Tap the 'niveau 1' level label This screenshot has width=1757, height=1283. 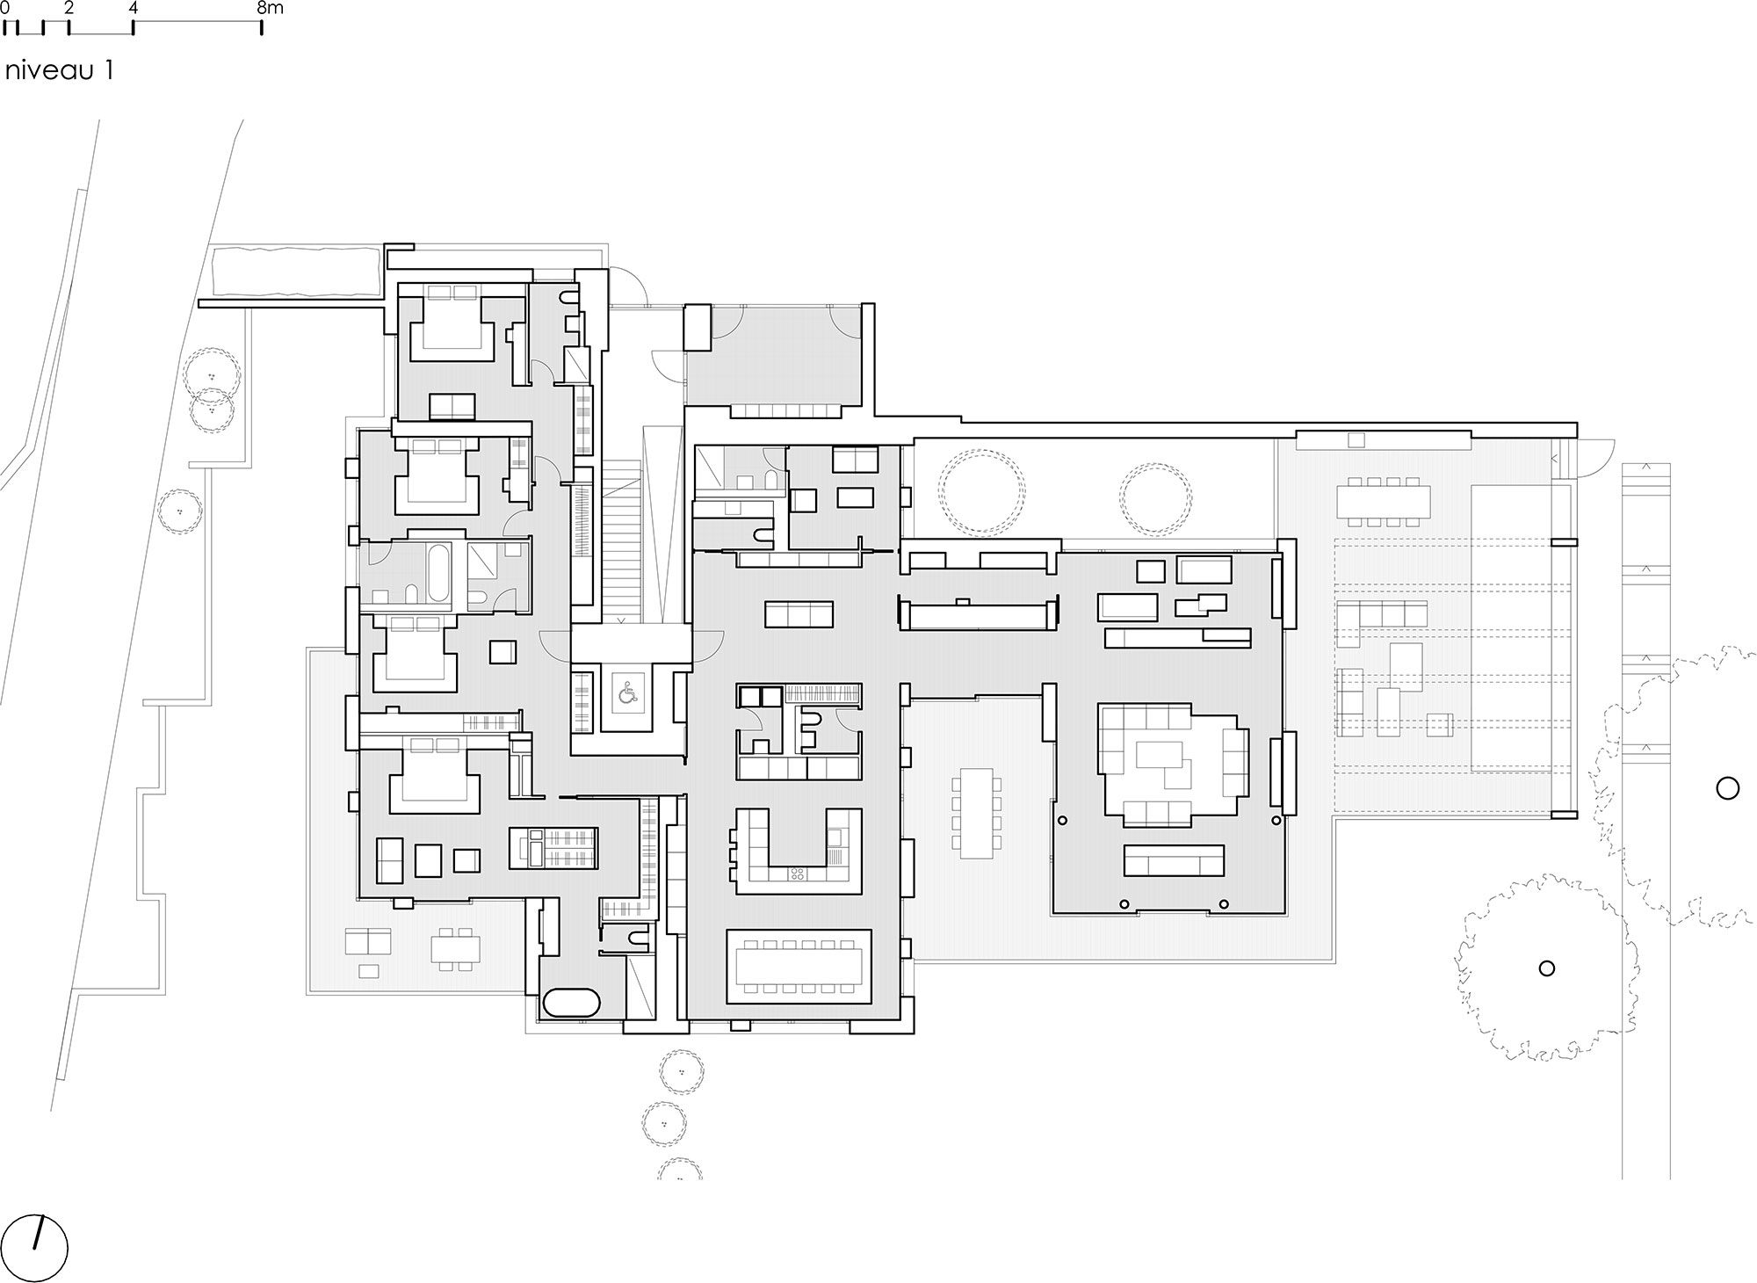(59, 71)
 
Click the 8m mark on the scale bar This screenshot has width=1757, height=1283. (271, 9)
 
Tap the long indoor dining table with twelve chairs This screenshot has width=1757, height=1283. (799, 967)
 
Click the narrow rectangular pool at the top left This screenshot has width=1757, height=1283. (296, 272)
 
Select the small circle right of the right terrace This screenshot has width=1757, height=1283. (1727, 788)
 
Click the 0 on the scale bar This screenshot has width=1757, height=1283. (5, 9)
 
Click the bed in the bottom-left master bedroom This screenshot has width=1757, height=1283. (434, 775)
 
